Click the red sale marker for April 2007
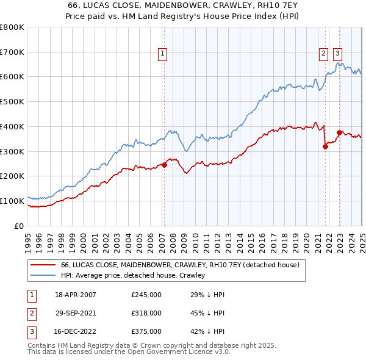165,165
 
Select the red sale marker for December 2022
339,132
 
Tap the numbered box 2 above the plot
323,53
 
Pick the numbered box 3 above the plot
337,53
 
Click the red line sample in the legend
43,265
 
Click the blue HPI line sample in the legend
43,276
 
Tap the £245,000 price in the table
146,295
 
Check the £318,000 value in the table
146,313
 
